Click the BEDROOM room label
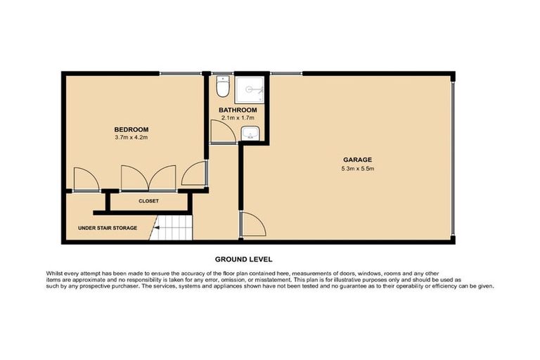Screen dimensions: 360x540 click(131, 129)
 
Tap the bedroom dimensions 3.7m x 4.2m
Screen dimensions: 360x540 click(131, 138)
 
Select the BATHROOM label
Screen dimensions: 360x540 click(237, 110)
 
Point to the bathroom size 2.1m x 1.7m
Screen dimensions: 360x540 click(237, 118)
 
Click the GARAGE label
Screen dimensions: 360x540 click(358, 160)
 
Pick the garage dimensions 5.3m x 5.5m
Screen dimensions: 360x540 click(358, 168)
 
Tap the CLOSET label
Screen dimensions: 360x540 click(148, 201)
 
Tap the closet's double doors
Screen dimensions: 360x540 click(148, 179)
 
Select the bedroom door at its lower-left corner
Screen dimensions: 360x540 click(85, 181)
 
